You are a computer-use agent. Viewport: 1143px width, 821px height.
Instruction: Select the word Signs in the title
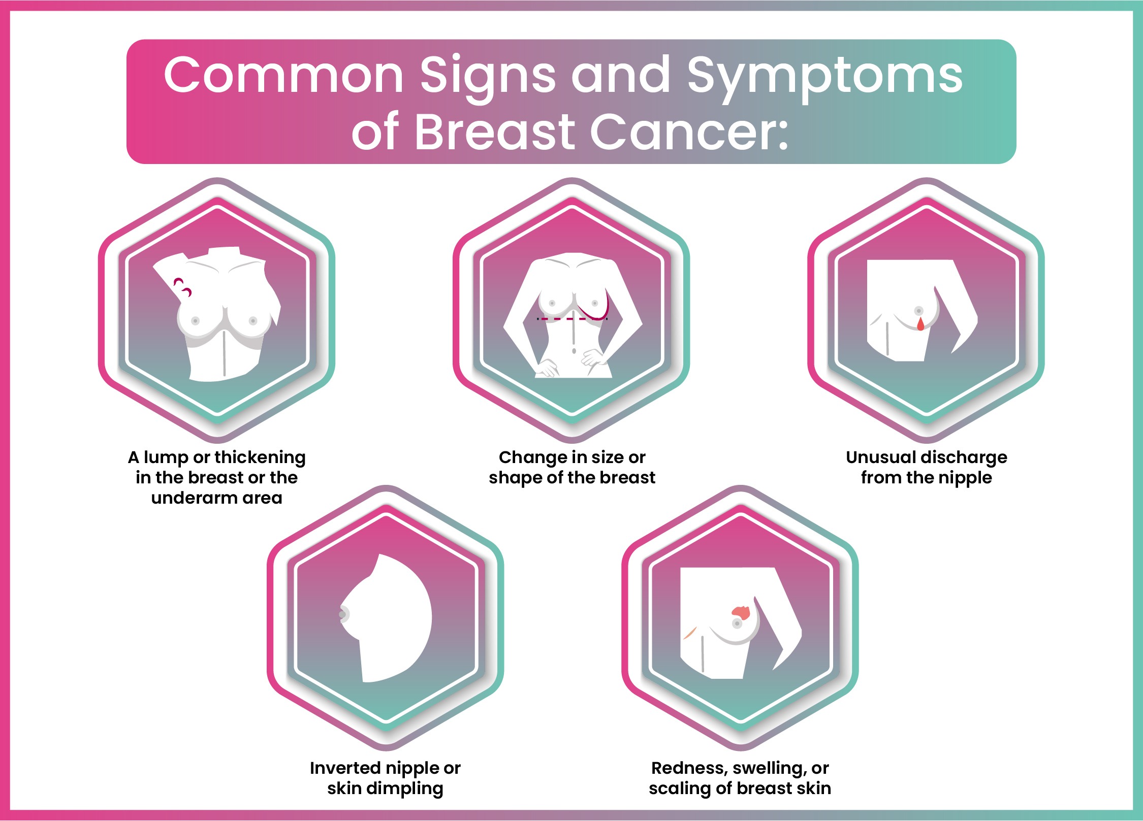[488, 76]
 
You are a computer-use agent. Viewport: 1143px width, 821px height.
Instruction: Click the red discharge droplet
[920, 324]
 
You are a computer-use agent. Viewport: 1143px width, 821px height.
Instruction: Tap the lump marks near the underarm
[183, 287]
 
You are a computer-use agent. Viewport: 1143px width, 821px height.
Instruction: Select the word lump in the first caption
[166, 457]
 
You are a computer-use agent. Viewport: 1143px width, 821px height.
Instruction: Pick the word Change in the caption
[529, 457]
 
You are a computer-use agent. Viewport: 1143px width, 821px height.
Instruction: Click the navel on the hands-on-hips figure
[574, 351]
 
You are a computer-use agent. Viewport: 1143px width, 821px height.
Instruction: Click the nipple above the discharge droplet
[918, 311]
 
